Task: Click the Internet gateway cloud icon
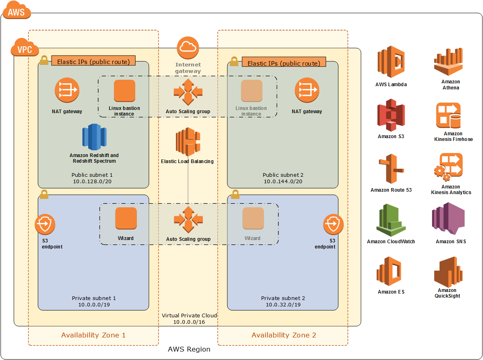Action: (188, 48)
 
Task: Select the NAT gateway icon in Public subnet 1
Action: (67, 90)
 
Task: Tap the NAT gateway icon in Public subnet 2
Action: (307, 90)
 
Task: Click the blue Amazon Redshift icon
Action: (94, 137)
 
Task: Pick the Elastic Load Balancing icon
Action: (188, 142)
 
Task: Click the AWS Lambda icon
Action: (391, 62)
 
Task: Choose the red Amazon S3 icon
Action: (391, 115)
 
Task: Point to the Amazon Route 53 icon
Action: (391, 169)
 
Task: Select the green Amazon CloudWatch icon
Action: (391, 220)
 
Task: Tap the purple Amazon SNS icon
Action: (448, 218)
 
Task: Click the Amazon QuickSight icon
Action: (448, 272)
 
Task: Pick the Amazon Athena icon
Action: (448, 62)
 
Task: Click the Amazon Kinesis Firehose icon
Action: (448, 115)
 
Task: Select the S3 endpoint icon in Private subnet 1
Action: (45, 224)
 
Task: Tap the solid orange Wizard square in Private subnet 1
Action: (126, 218)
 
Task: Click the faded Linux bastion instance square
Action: (252, 91)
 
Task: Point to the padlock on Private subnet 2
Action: (235, 194)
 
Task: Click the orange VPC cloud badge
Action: (25, 47)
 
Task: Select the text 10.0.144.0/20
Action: (283, 181)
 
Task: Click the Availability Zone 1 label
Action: (93, 335)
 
